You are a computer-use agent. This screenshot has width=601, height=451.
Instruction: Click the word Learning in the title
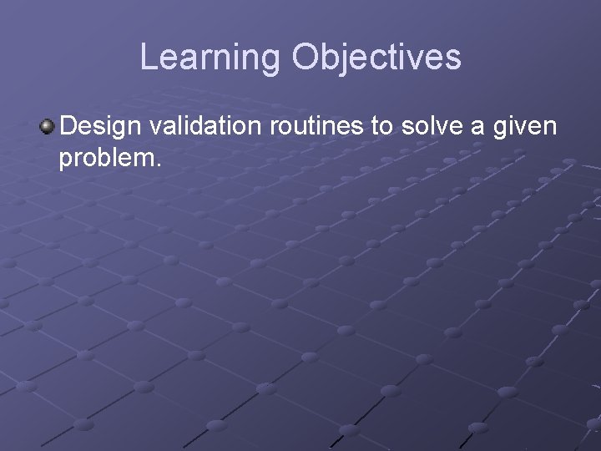point(211,58)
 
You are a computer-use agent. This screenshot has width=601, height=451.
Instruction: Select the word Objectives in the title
point(376,58)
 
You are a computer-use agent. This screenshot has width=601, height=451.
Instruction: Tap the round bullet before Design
point(48,127)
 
